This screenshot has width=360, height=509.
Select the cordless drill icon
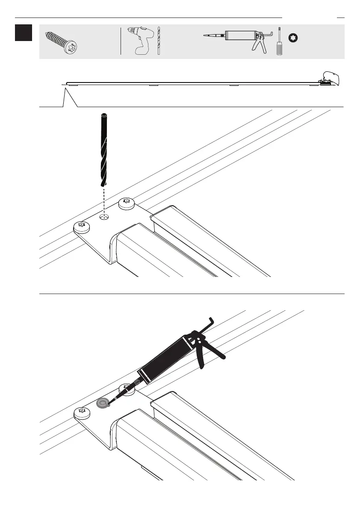pyautogui.click(x=141, y=41)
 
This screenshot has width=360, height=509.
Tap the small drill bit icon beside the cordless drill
pyautogui.click(x=159, y=41)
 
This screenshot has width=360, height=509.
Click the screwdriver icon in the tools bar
pyautogui.click(x=279, y=42)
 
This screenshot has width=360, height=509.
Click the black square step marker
pyautogui.click(x=23, y=32)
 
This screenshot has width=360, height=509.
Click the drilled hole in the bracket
pyautogui.click(x=104, y=217)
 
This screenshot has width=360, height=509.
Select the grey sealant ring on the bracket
pyautogui.click(x=103, y=403)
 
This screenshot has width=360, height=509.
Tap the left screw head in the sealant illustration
pyautogui.click(x=82, y=412)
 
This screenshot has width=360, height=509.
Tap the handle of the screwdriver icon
pyautogui.click(x=279, y=48)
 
